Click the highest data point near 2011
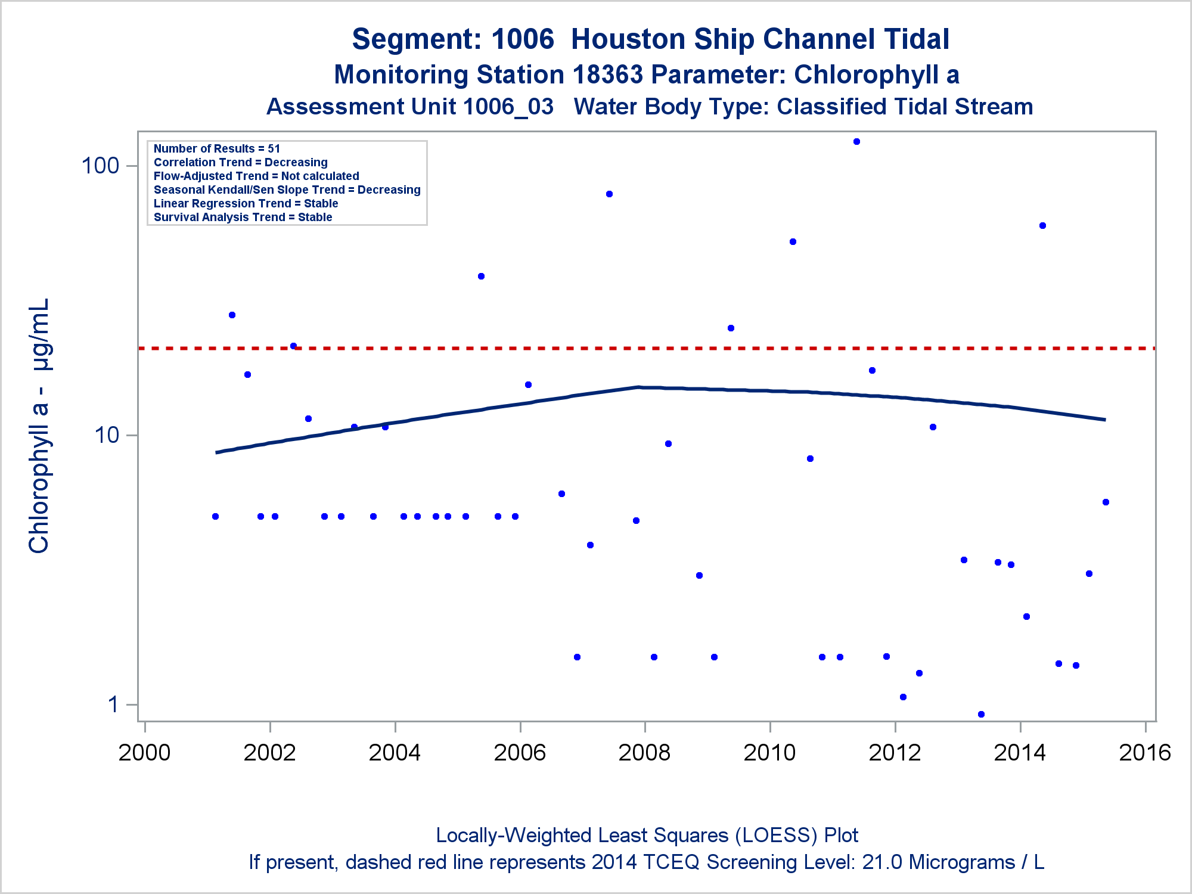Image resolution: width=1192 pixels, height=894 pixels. [856, 142]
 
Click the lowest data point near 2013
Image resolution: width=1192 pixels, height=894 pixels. [981, 714]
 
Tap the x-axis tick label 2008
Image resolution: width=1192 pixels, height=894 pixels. [644, 753]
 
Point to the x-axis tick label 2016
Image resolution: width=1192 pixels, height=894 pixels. [1145, 753]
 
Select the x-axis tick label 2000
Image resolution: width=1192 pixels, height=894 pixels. [144, 753]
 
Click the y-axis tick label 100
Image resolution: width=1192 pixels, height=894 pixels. [100, 166]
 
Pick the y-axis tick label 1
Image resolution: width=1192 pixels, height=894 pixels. [113, 704]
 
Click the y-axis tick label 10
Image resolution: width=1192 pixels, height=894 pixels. [107, 435]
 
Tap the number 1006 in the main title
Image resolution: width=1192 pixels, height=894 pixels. [523, 39]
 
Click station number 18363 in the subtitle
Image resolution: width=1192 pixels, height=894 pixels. [607, 75]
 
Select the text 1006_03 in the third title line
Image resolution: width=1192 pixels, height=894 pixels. [508, 107]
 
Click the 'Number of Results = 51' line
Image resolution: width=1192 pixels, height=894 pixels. [216, 148]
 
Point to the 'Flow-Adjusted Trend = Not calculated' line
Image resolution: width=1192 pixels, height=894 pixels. [256, 176]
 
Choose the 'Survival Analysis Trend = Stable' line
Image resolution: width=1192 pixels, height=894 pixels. [243, 217]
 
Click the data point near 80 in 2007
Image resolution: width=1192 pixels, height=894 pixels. [609, 194]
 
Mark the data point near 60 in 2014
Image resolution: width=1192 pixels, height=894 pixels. [1042, 225]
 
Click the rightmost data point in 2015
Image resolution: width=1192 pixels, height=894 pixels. [1106, 502]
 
